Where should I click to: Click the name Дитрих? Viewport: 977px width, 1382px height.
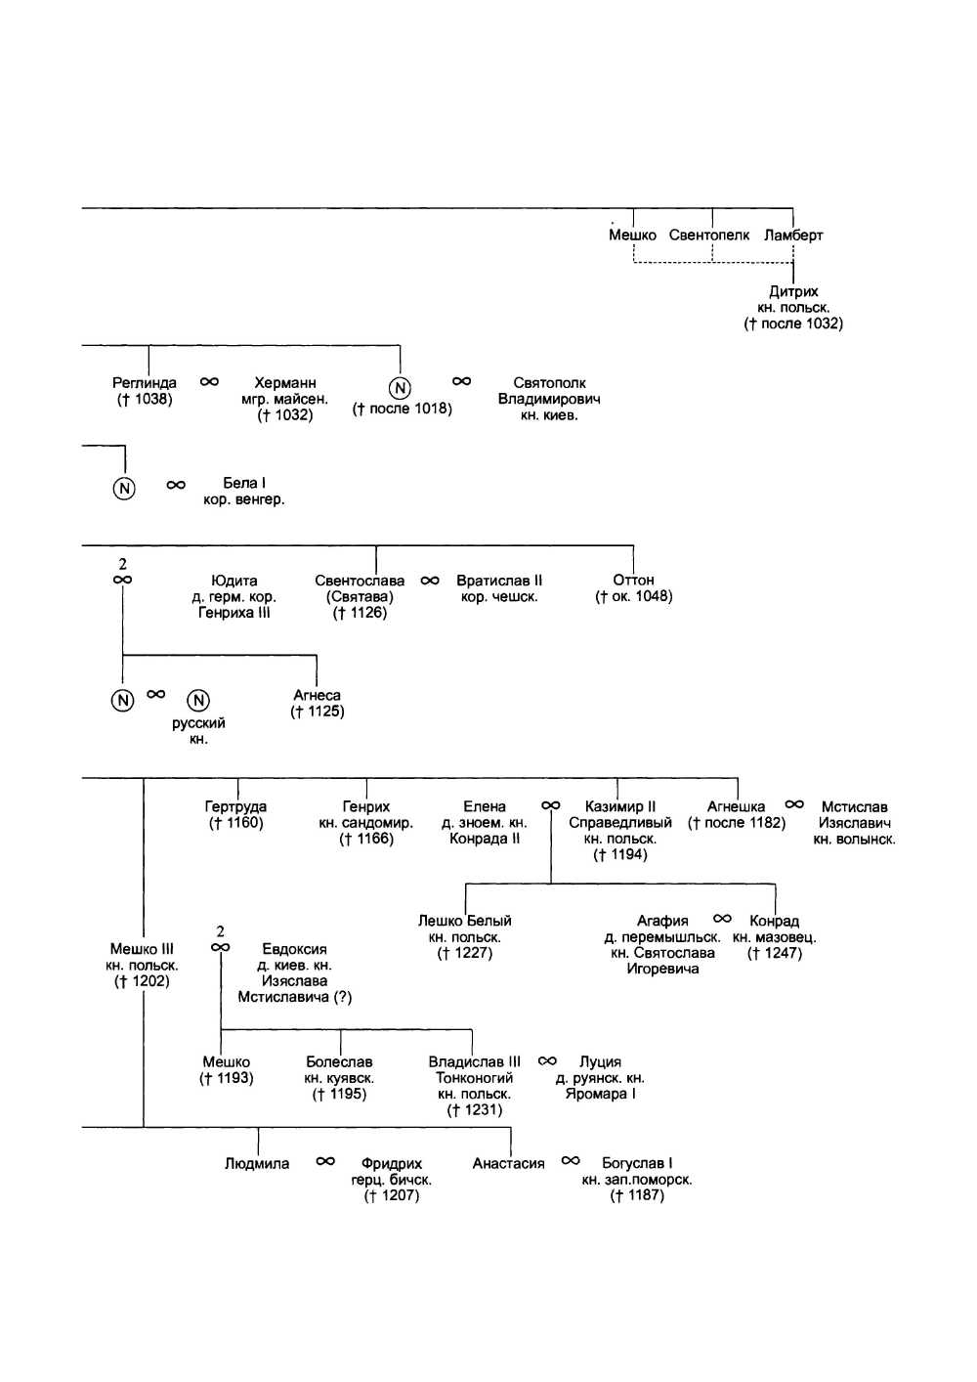[x=793, y=291]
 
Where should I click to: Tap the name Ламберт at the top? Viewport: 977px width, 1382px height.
[x=793, y=235]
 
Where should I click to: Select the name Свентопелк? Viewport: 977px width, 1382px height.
[x=709, y=235]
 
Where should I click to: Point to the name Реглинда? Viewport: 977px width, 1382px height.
[x=145, y=383]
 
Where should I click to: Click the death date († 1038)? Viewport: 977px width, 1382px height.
[x=145, y=399]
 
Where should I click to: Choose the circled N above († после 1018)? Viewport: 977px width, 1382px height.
[x=401, y=388]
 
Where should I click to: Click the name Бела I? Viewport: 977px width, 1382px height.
[x=244, y=483]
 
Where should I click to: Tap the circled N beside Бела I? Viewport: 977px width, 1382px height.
[x=124, y=488]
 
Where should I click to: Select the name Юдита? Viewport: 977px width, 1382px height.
[x=234, y=581]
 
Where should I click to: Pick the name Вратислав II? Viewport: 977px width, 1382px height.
[x=499, y=581]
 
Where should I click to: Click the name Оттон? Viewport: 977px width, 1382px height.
[x=633, y=581]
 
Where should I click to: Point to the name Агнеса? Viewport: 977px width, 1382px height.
[x=317, y=696]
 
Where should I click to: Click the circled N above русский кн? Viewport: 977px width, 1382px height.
[x=198, y=700]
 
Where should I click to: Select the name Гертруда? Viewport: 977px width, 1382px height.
[x=235, y=807]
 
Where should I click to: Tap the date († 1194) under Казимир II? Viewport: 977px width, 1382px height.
[x=620, y=855]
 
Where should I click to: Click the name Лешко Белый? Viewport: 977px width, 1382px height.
[x=465, y=921]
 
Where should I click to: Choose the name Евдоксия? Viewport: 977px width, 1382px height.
[x=295, y=949]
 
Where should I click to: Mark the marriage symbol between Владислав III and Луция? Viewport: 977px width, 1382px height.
[x=548, y=1061]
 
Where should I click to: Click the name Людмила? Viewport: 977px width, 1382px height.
[x=257, y=1164]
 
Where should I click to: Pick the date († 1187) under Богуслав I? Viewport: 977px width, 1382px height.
[x=637, y=1195]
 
